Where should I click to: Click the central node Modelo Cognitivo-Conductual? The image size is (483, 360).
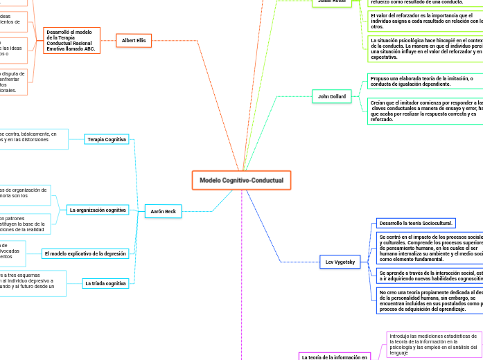[241, 180]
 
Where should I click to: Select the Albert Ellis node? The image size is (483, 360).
[134, 41]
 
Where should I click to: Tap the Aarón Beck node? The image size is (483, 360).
[164, 211]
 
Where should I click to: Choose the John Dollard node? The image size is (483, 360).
[332, 96]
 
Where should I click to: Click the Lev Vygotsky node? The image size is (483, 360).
[340, 262]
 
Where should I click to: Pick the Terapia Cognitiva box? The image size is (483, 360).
[107, 139]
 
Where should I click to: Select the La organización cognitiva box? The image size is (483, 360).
[98, 210]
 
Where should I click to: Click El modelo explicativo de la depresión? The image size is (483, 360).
[85, 253]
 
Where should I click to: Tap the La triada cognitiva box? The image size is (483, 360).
[105, 283]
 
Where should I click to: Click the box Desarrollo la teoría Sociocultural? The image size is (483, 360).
[415, 223]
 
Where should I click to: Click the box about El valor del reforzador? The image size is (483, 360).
[425, 21]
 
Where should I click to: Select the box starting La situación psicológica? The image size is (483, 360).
[425, 48]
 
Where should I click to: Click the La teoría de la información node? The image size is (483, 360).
[334, 357]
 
